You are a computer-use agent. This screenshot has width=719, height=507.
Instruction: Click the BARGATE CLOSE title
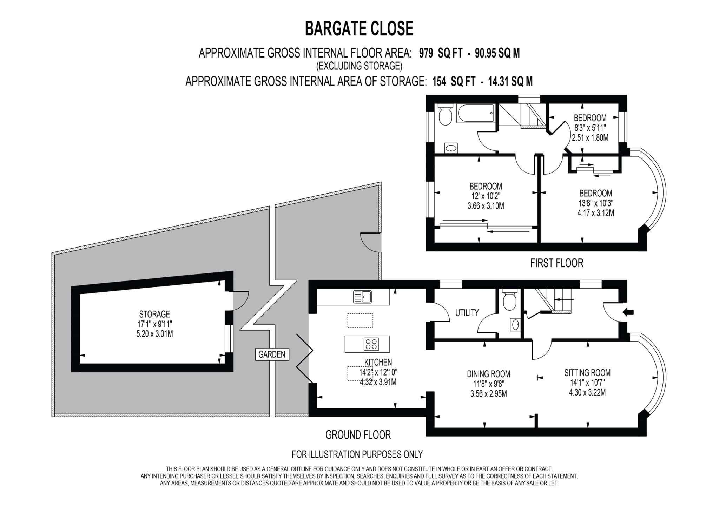359,28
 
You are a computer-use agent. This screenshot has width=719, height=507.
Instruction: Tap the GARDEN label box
272,354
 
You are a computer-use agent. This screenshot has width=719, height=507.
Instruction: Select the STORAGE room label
154,314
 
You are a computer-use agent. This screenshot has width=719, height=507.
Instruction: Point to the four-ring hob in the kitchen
371,344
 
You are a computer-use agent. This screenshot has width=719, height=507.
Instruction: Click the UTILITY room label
467,312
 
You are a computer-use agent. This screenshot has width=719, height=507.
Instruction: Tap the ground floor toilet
508,300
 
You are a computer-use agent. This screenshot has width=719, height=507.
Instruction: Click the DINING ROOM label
488,374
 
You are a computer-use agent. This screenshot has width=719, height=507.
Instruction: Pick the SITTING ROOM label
587,372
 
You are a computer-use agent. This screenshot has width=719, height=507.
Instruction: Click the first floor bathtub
476,113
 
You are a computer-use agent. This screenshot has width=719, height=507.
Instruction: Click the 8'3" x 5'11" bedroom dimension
590,128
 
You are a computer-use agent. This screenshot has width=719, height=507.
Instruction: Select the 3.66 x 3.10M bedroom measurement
486,206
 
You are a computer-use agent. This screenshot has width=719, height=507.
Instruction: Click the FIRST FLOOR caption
556,263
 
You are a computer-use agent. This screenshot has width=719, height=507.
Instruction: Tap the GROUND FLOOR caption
358,435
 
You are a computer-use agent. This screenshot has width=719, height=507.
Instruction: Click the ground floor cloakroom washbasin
515,324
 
